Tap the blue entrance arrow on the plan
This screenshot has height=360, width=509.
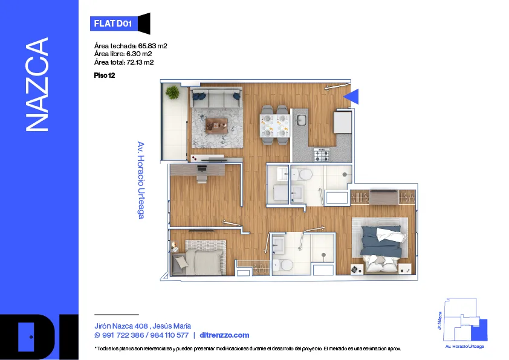(x=352, y=96)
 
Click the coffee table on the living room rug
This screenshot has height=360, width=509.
(x=216, y=126)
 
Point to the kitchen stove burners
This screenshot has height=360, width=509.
(x=322, y=155)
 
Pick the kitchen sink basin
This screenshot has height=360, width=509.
(x=302, y=120)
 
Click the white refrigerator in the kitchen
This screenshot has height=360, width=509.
(x=343, y=122)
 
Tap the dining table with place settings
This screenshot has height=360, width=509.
(x=274, y=126)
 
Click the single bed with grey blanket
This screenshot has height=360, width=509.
(x=199, y=258)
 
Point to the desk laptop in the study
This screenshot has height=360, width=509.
(x=202, y=169)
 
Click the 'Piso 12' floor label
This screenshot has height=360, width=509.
(x=105, y=76)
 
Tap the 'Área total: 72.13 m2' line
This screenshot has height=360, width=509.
(x=124, y=62)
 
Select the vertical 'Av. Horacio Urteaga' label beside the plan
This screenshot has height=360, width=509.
(x=141, y=180)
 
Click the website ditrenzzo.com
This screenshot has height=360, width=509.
(x=225, y=335)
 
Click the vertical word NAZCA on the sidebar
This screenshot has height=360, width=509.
(x=37, y=85)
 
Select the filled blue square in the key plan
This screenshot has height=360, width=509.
(x=479, y=330)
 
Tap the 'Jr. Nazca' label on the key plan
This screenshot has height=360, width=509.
(x=440, y=321)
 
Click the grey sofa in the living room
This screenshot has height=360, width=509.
(x=216, y=97)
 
